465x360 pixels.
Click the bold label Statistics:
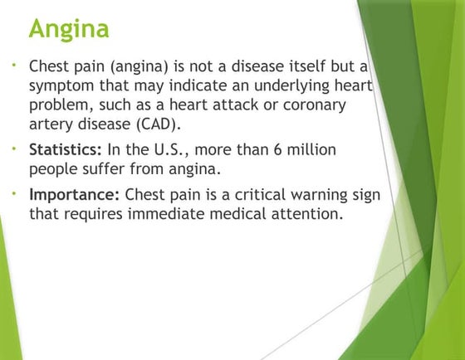click(x=66, y=152)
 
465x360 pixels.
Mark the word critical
click(x=257, y=195)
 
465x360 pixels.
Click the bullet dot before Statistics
click(x=17, y=149)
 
